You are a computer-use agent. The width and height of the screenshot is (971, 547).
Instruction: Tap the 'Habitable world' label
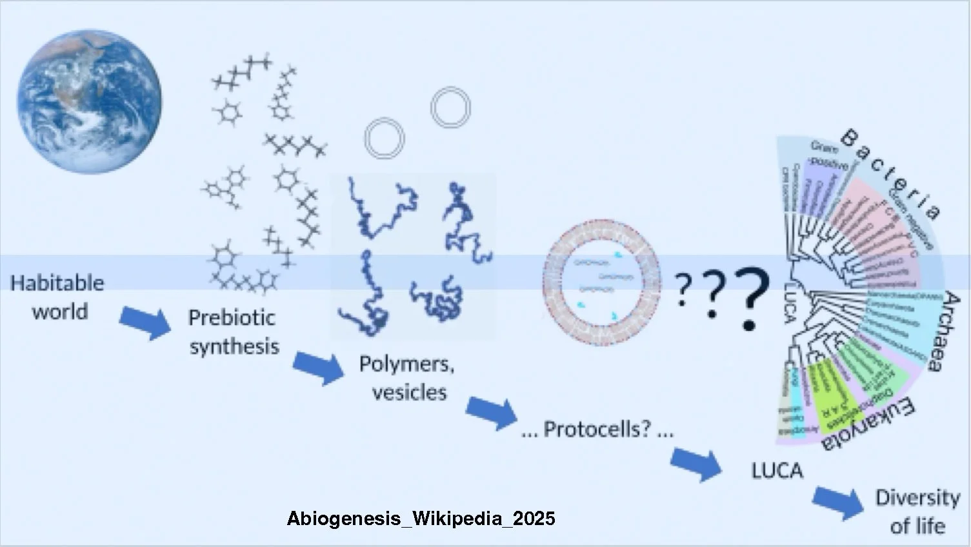coord(58,297)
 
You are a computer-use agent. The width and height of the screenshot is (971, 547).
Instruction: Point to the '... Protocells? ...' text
coord(597,430)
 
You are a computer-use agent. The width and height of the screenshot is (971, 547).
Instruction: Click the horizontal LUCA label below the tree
coord(777,471)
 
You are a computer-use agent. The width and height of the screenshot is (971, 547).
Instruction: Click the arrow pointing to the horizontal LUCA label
coord(696,462)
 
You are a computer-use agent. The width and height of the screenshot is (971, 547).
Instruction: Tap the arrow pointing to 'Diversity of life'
coord(837,501)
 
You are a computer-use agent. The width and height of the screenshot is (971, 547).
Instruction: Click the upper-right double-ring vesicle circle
coord(450,107)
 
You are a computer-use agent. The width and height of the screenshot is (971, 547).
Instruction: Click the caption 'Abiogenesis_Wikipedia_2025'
coord(421,519)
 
